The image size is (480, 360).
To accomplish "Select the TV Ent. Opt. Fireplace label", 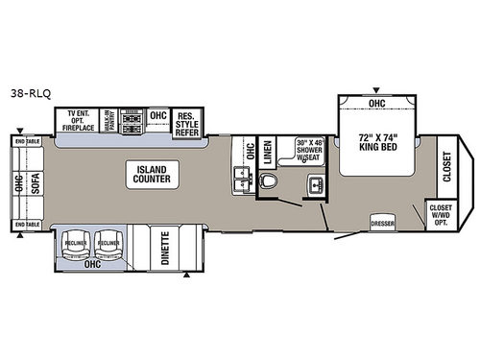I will (81, 118).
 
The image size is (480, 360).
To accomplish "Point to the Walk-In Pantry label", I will (110, 118).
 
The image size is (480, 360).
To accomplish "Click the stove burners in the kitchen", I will (132, 116).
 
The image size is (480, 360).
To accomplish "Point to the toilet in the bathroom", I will (269, 180).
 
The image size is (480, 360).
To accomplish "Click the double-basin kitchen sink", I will (241, 177).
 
